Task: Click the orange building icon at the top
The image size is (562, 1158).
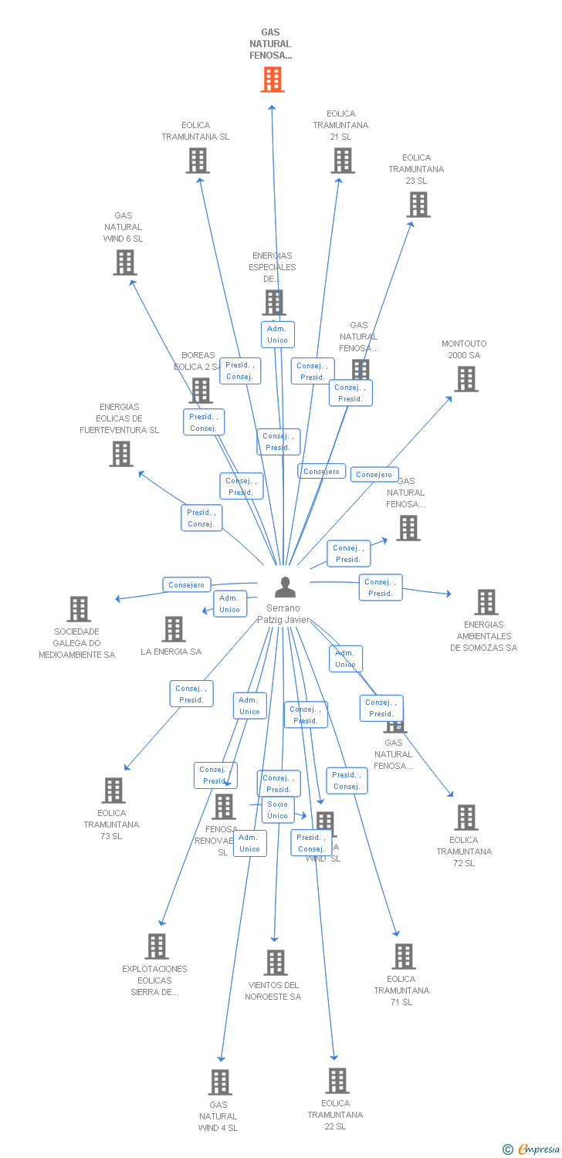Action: click(x=272, y=80)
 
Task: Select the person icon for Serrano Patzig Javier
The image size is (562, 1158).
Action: click(x=285, y=587)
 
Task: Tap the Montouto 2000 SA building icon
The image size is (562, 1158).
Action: click(x=466, y=379)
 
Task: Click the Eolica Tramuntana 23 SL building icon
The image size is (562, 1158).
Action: click(x=418, y=205)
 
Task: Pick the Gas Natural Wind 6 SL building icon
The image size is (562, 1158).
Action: click(x=124, y=262)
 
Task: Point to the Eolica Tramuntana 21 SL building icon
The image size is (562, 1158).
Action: click(x=342, y=161)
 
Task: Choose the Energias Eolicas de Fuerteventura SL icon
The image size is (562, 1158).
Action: click(x=120, y=454)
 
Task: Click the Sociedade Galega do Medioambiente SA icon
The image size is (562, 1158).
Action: click(x=78, y=609)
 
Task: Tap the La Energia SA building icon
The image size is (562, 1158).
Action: click(x=174, y=629)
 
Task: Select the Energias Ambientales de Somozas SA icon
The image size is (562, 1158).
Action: click(x=486, y=602)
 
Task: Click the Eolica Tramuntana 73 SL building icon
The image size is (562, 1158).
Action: click(x=113, y=791)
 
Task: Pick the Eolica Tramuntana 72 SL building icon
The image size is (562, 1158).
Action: click(x=466, y=818)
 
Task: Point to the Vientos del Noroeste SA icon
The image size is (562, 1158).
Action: click(x=275, y=963)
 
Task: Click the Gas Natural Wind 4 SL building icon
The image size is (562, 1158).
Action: click(x=219, y=1082)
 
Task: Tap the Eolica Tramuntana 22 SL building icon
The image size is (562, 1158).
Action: click(x=337, y=1081)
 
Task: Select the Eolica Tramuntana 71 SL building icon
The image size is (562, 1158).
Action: click(x=403, y=957)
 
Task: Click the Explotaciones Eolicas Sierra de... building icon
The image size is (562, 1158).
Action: click(x=157, y=946)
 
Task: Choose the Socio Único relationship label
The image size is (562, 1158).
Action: click(x=277, y=810)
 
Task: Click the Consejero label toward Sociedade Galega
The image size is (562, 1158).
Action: click(x=186, y=585)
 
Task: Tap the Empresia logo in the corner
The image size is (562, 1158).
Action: click(x=533, y=1150)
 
